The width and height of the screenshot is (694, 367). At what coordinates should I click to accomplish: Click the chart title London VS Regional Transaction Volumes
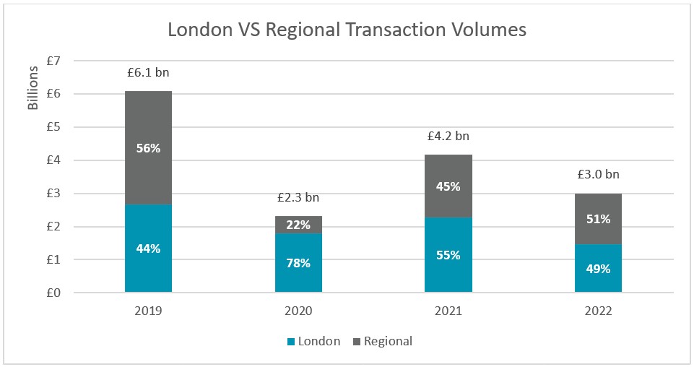pyautogui.click(x=347, y=30)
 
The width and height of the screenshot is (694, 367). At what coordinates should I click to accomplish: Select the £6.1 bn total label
pyautogui.click(x=148, y=72)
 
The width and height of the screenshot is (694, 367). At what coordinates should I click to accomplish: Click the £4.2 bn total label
pyautogui.click(x=448, y=136)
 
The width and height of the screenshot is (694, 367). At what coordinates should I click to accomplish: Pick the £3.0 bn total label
pyautogui.click(x=598, y=174)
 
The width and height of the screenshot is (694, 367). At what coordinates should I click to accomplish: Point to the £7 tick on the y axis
pyautogui.click(x=54, y=61)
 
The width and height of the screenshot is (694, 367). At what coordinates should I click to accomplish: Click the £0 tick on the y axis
pyautogui.click(x=54, y=293)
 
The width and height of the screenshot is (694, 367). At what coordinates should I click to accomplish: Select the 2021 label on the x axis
pyautogui.click(x=448, y=311)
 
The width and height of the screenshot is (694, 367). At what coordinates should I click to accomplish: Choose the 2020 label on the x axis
pyautogui.click(x=298, y=311)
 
